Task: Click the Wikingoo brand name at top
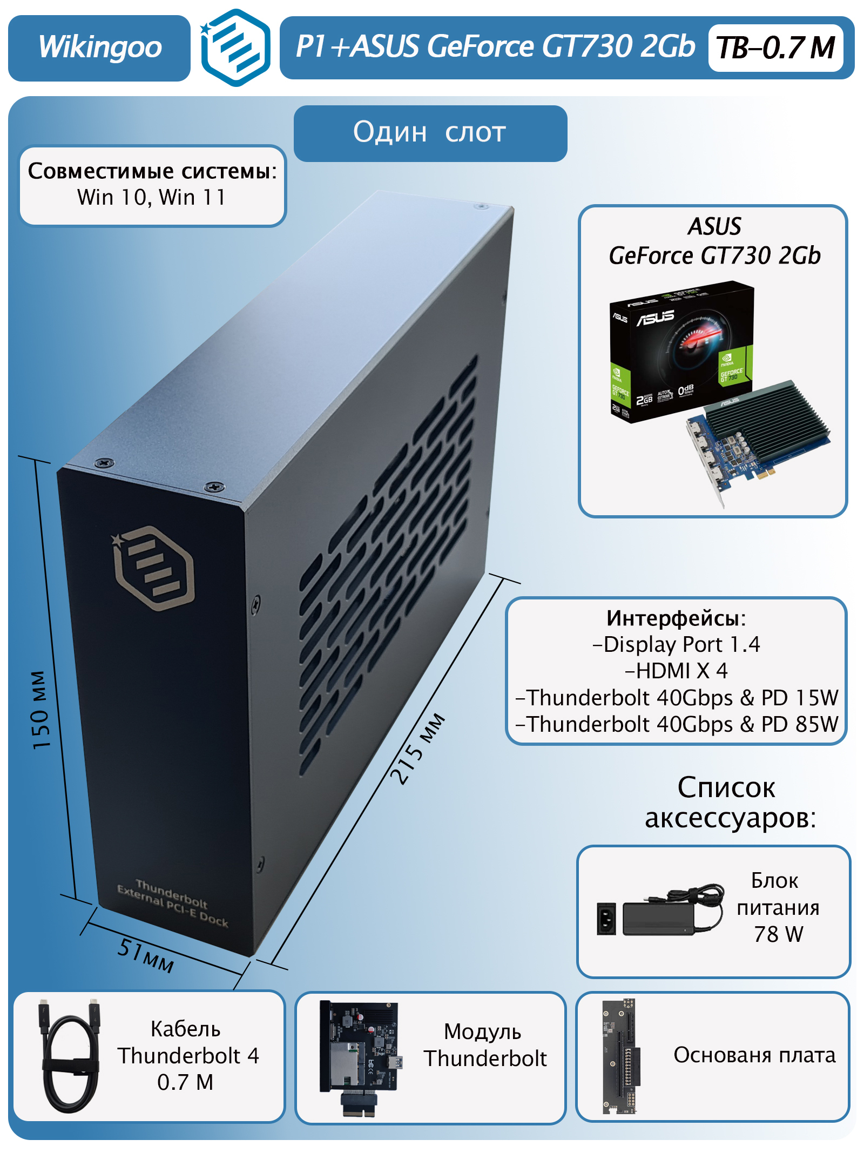click(100, 48)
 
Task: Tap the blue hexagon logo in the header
click(236, 48)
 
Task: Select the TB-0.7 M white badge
click(775, 48)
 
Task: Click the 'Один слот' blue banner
click(430, 133)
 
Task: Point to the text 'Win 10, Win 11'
click(152, 198)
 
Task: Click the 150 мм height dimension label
click(41, 710)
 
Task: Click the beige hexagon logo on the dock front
click(154, 568)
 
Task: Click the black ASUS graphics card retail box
click(680, 351)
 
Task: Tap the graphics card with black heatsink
click(756, 437)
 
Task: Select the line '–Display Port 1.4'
click(676, 645)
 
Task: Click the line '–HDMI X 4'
click(676, 671)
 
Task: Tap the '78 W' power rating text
click(778, 934)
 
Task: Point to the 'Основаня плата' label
click(754, 1055)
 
